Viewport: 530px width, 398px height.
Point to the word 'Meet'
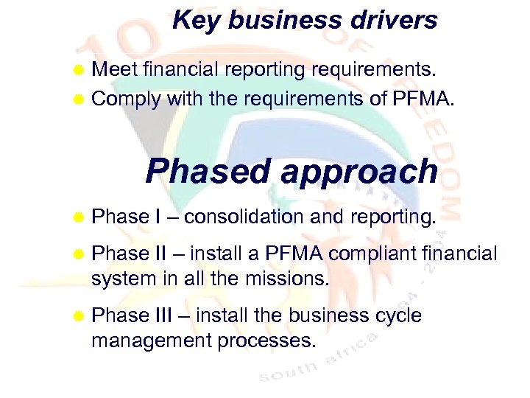click(116, 69)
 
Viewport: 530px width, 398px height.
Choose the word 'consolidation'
click(244, 217)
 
